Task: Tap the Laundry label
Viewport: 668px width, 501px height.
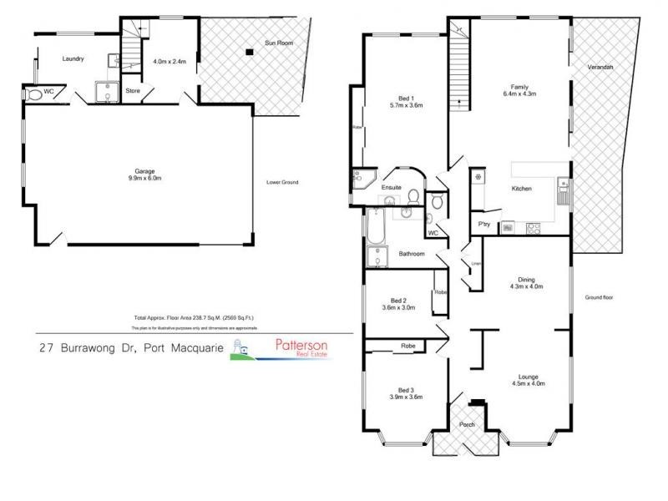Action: pyautogui.click(x=75, y=58)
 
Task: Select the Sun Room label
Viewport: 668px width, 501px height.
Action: pyautogui.click(x=279, y=41)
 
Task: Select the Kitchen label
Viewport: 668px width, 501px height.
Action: pyautogui.click(x=521, y=190)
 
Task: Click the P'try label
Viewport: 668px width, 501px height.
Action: pyautogui.click(x=483, y=224)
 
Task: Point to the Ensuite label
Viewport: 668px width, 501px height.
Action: pyautogui.click(x=392, y=188)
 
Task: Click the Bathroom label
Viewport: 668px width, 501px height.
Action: pyautogui.click(x=412, y=254)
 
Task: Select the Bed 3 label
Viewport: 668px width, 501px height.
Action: pyautogui.click(x=403, y=393)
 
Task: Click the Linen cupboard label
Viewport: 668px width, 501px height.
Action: pyautogui.click(x=476, y=264)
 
